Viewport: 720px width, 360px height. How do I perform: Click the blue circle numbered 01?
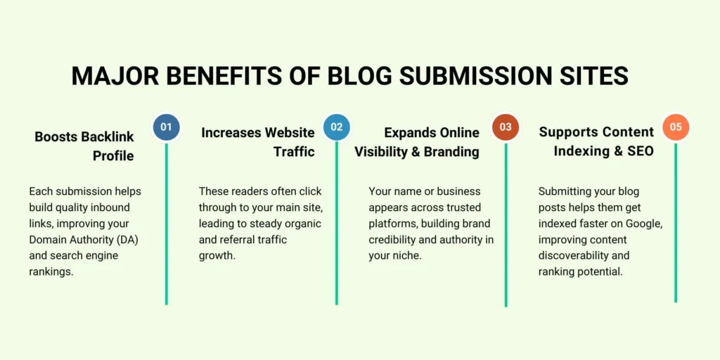pos(166,127)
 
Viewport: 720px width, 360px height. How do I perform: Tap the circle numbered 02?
pos(336,127)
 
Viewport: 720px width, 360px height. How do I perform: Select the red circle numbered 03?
pos(506,127)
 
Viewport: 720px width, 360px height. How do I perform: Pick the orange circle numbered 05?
pos(676,127)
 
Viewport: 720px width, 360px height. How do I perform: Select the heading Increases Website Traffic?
pos(258,141)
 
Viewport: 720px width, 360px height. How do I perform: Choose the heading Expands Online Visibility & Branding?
pos(417,141)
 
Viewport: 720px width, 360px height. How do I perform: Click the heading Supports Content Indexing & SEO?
pos(596,141)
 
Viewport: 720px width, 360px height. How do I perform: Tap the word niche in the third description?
pos(405,256)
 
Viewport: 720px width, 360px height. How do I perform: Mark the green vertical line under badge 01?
pos(167,225)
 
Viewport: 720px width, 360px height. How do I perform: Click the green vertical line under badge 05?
pos(676,225)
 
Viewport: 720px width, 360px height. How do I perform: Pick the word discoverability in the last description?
pos(574,240)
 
